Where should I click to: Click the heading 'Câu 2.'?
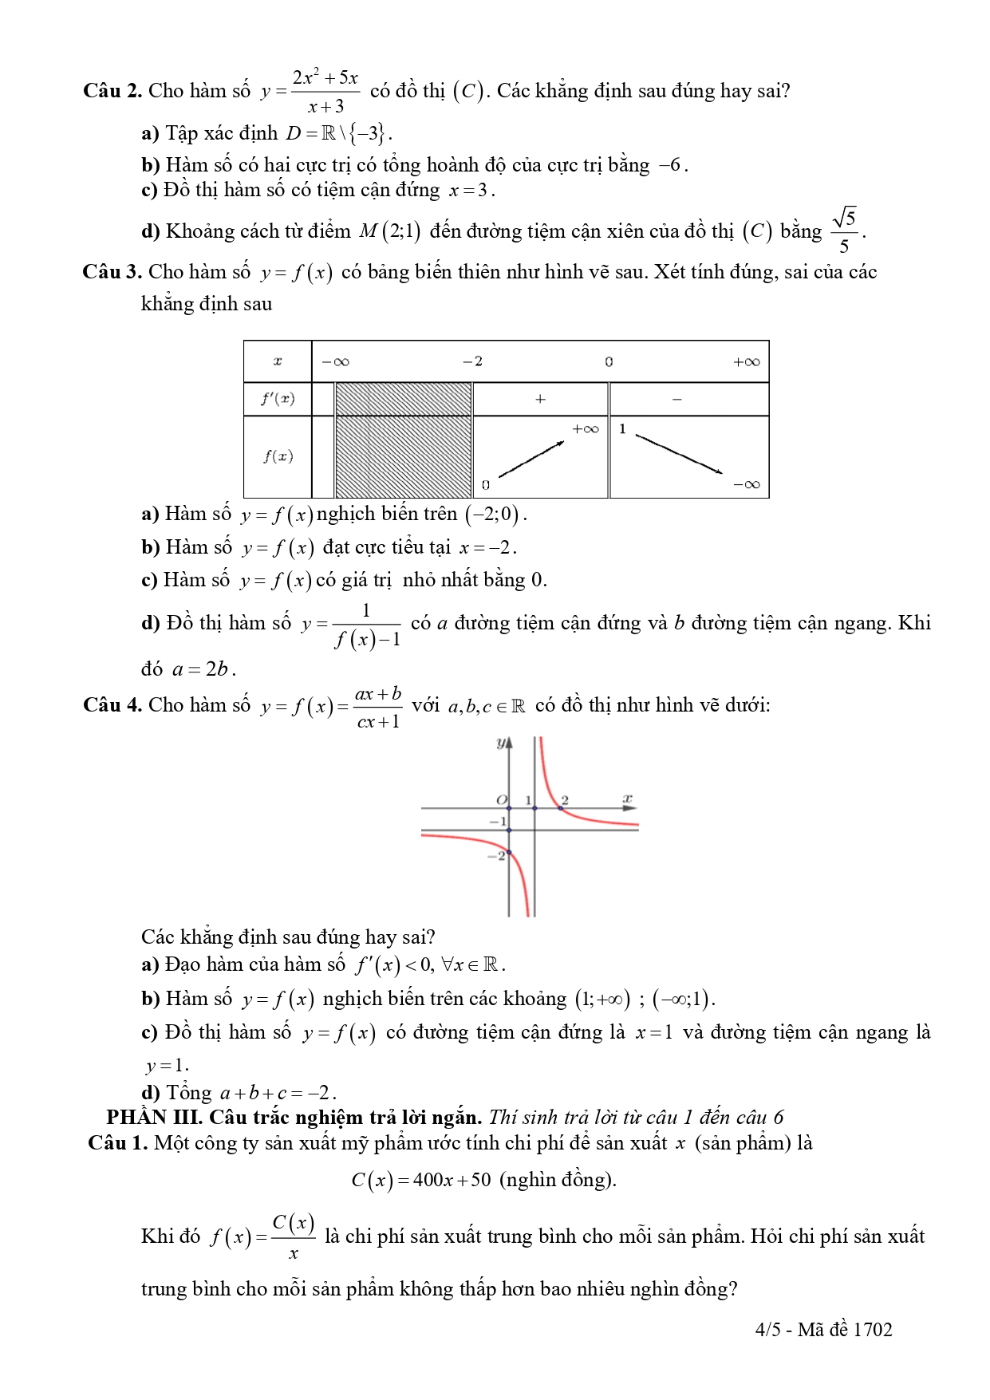pos(112,91)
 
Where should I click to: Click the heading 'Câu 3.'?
pos(112,272)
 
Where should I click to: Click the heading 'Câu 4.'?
pos(112,705)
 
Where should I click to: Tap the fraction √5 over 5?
pos(844,231)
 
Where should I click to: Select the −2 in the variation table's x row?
pos(472,361)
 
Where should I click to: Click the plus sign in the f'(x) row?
pos(540,399)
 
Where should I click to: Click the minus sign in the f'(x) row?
pos(677,399)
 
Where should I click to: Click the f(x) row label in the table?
pos(278,456)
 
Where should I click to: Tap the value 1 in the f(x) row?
pos(622,429)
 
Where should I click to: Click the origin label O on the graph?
pos(501,799)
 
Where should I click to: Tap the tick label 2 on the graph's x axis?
pos(565,799)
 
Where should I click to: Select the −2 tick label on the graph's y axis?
pos(497,855)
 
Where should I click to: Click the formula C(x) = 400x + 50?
pos(420,1180)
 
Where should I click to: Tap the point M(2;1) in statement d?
pos(390,231)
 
